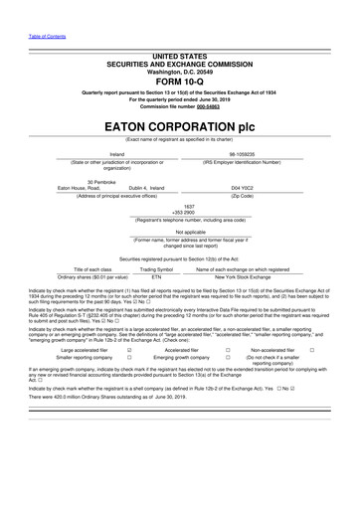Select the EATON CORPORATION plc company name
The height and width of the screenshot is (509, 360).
(180, 127)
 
